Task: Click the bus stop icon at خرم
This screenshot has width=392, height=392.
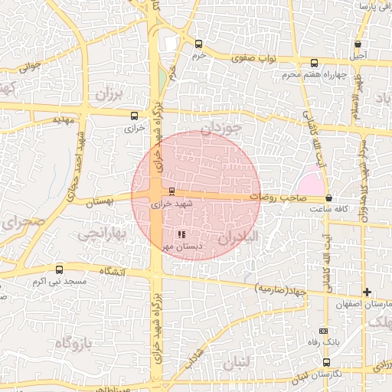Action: point(199,44)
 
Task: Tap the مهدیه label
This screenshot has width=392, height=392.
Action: point(62,120)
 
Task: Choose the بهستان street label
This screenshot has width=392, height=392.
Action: point(99,200)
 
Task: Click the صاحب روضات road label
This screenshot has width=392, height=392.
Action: point(282,198)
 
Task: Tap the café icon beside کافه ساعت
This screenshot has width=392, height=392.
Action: point(328,198)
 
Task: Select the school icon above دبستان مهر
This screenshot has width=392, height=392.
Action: point(181,234)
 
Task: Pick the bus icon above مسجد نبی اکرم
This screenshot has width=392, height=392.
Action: point(60,269)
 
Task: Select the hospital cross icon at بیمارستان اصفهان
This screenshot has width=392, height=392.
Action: point(367,292)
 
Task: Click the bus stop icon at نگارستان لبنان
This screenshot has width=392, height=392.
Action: point(327,362)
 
